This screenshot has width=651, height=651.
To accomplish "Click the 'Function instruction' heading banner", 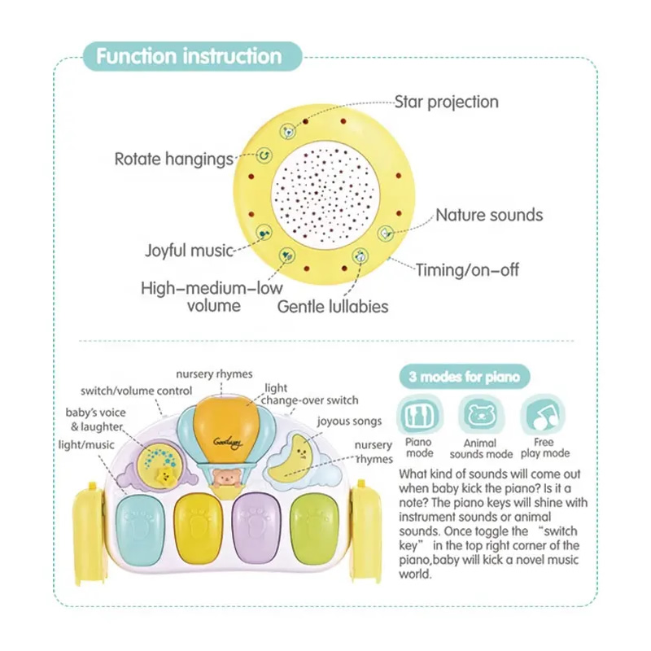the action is [x=192, y=56].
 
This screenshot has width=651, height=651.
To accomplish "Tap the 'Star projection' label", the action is [x=446, y=103].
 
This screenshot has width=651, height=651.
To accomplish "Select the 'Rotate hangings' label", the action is [x=174, y=159].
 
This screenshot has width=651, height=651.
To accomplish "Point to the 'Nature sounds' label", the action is [x=489, y=215].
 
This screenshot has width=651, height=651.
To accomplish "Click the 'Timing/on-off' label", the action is [x=467, y=270].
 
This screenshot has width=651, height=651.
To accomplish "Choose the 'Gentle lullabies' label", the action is [x=333, y=307].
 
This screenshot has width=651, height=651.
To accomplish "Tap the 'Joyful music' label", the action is [x=189, y=251].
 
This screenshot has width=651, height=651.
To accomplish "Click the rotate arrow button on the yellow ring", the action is [x=264, y=155].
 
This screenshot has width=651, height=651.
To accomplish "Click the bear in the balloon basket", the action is [x=226, y=478].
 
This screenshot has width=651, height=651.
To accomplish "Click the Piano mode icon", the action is [x=418, y=414].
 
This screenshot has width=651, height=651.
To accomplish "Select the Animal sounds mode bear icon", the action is [x=481, y=414].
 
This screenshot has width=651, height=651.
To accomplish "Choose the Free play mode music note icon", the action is [x=544, y=414].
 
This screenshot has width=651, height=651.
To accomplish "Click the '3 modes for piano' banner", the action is [x=465, y=377].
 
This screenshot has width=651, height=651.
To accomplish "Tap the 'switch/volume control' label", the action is [x=136, y=391].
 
